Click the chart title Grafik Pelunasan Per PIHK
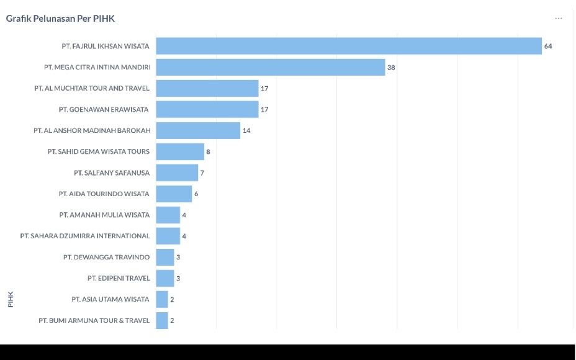pos(60,19)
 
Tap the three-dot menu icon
pos(559,19)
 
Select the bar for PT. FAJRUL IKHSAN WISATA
pos(349,46)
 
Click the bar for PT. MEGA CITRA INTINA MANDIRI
pos(270,67)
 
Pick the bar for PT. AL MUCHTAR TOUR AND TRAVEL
pos(207,88)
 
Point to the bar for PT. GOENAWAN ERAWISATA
pos(207,109)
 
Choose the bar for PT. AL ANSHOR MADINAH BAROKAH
pos(198,130)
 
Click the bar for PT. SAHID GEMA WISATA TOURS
pos(180,151)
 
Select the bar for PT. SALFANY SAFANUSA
pos(177,173)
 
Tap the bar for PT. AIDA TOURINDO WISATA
pos(174,194)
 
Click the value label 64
pos(548,47)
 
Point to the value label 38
pos(391,68)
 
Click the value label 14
pos(246,131)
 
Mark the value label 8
pos(209,152)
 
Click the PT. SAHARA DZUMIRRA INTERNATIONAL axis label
pos(85,236)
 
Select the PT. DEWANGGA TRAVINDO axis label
pos(106,257)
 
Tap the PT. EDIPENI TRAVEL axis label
pos(119,278)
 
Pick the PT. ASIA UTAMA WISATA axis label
pos(110,299)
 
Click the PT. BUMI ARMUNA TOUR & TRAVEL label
pos(94,320)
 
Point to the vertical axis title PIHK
pos(11,299)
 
